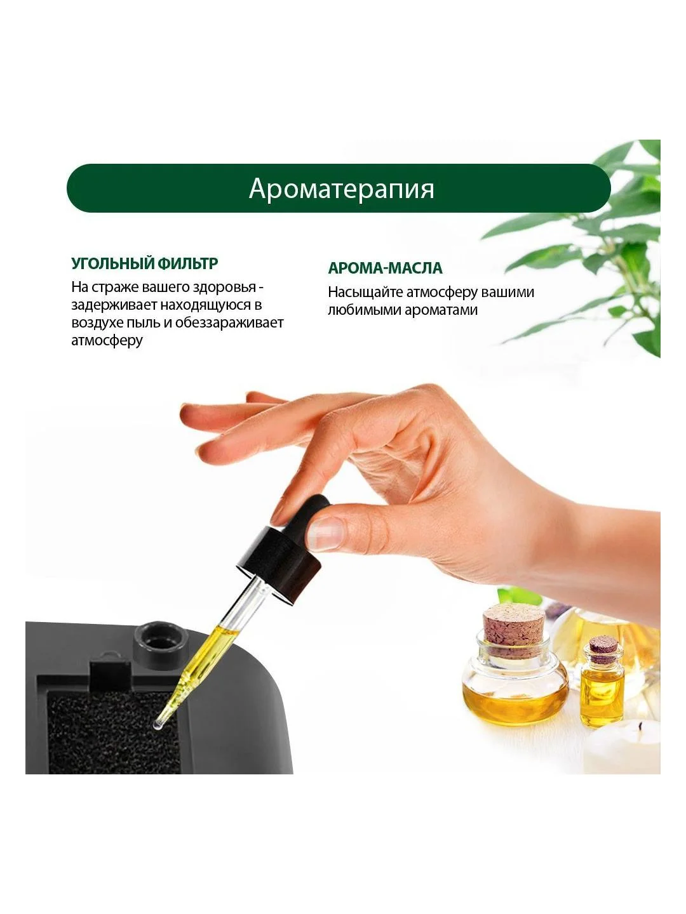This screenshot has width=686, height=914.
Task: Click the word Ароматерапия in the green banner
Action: tap(342, 189)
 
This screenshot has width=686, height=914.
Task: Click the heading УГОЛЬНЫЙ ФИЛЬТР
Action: tap(145, 263)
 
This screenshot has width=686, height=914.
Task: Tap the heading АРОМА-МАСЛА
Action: tap(386, 268)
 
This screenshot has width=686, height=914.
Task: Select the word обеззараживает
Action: tap(229, 322)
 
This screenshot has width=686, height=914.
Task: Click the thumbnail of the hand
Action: tap(326, 534)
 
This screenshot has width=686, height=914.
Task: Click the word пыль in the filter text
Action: tap(145, 322)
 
